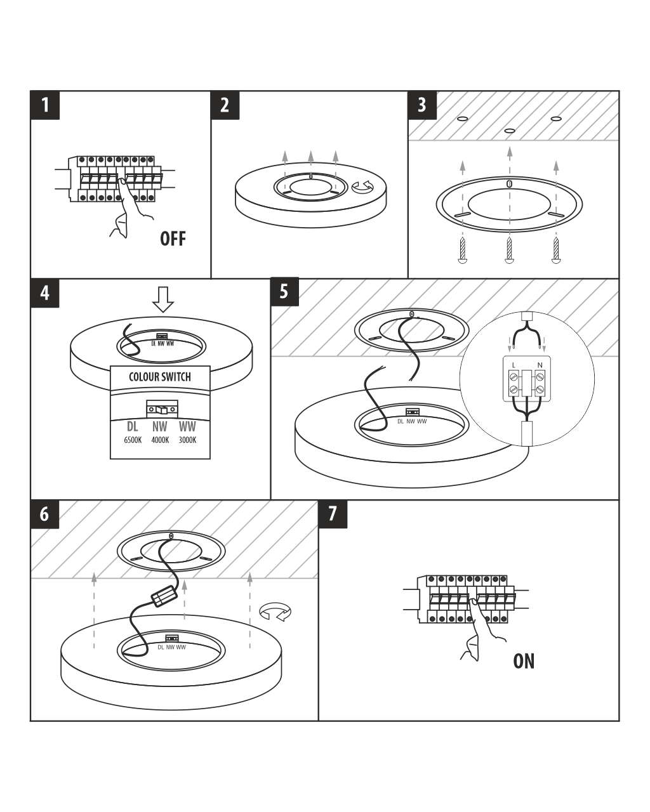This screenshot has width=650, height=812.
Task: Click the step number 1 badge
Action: tap(45, 105)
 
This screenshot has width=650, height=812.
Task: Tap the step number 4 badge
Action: tap(45, 293)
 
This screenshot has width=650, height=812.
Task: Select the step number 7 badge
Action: tap(333, 514)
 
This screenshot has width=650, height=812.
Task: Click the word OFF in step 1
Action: tap(173, 239)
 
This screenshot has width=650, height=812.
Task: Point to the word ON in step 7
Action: tap(524, 661)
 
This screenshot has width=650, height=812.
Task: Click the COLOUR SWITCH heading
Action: tap(159, 377)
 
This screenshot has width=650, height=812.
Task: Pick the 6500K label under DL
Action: tap(133, 440)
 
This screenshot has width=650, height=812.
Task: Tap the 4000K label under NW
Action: tap(160, 440)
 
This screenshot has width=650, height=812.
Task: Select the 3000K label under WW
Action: tap(187, 440)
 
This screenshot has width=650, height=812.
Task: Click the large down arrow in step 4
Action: tap(164, 299)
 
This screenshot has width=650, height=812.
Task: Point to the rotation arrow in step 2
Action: tap(364, 187)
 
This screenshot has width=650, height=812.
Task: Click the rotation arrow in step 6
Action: tap(275, 612)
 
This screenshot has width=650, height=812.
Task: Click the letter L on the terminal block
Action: tap(513, 365)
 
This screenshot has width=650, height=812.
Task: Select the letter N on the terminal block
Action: tap(540, 365)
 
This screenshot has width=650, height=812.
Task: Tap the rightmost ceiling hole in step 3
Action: tap(556, 119)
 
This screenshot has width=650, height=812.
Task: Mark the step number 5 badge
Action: tap(284, 292)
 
